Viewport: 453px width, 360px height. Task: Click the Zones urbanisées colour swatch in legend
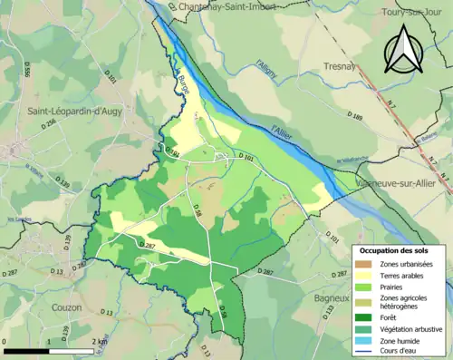pyautogui.click(x=366, y=264)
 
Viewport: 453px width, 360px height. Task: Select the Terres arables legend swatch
pyautogui.click(x=366, y=277)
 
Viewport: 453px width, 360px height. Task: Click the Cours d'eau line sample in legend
pyautogui.click(x=366, y=353)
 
